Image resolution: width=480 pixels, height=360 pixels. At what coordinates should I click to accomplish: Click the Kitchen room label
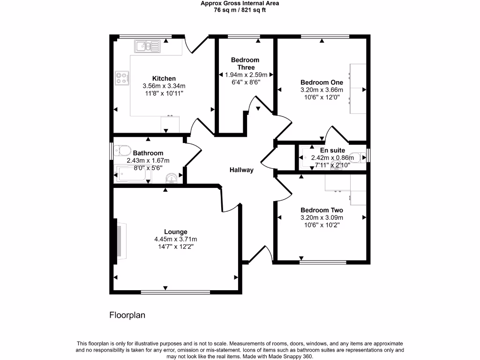click(164, 78)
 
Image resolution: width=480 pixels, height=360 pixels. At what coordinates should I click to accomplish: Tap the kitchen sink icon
click(148, 46)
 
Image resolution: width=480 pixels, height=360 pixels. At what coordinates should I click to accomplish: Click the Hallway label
click(241, 170)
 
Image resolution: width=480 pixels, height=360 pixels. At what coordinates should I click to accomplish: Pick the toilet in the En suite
click(359, 157)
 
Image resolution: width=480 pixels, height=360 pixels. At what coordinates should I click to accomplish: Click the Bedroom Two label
click(322, 210)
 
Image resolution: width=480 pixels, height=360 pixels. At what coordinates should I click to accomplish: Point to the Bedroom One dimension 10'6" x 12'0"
click(322, 97)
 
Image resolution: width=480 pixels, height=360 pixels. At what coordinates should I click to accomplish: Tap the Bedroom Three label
click(245, 64)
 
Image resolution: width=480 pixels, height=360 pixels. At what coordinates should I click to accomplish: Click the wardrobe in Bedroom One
click(358, 89)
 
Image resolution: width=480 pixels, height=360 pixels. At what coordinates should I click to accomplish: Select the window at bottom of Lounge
click(175, 292)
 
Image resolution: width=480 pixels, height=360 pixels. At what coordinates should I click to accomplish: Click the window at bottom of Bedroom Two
click(323, 262)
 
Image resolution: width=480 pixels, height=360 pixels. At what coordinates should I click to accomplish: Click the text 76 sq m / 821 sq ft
click(240, 10)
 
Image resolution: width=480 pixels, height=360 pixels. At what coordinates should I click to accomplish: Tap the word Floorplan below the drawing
click(127, 315)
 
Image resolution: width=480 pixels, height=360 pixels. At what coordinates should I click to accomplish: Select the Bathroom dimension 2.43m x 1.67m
click(148, 161)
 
